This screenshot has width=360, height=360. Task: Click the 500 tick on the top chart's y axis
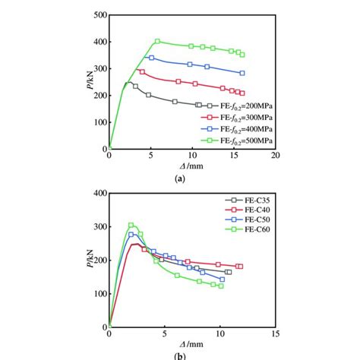point(97,15)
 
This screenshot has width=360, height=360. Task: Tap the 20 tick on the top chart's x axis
point(275,156)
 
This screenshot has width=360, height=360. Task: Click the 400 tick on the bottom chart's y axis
point(97,194)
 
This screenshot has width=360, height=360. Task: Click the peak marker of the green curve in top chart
point(157,41)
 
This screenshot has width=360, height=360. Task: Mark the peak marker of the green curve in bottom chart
point(131,225)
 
